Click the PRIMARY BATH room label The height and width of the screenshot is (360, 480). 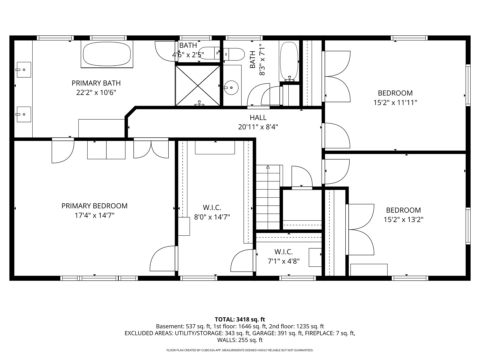(x=96, y=83)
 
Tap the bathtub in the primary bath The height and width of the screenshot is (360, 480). (x=107, y=54)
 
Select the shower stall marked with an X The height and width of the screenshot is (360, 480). (x=198, y=86)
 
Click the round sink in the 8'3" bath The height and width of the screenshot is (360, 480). (x=232, y=88)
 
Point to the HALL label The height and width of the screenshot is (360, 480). (x=258, y=118)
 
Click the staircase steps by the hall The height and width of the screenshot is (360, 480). (x=268, y=197)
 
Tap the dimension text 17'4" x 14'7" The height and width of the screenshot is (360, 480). (x=94, y=216)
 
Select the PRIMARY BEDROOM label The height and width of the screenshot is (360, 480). (x=94, y=206)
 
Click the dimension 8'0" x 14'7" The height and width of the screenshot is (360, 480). (x=212, y=217)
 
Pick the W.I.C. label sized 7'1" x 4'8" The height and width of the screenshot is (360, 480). (x=284, y=252)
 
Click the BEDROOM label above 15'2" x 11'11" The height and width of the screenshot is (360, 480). (x=395, y=93)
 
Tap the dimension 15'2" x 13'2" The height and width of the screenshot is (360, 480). (x=403, y=219)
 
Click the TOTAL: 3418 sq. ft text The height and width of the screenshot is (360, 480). (x=240, y=320)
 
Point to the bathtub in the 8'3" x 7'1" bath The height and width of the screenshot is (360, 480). (x=289, y=62)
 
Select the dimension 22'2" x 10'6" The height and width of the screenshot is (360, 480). (x=96, y=93)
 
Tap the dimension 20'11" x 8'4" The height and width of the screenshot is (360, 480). (x=258, y=127)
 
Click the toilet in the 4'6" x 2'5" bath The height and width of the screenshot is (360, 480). (x=209, y=53)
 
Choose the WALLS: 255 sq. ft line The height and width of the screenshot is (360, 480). (x=240, y=340)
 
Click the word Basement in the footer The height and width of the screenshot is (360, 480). (x=169, y=326)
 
